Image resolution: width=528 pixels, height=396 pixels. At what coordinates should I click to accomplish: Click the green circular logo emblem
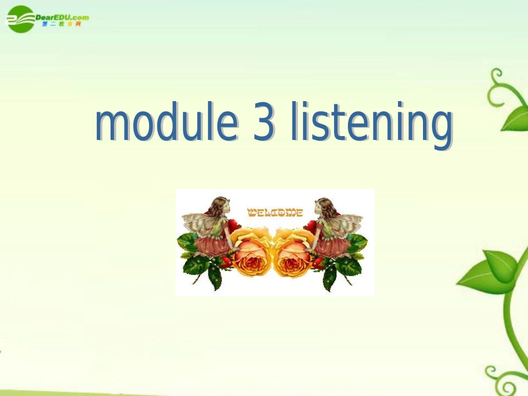point(21,19)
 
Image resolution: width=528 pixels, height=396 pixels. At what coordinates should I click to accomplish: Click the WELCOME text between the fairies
point(275,212)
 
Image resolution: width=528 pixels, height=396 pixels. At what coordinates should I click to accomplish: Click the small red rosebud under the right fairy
point(318,262)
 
